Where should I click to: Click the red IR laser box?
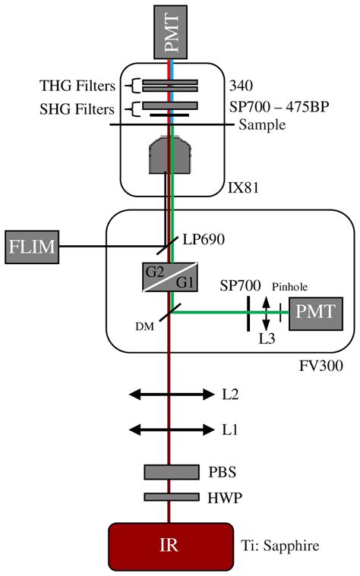point(170,543)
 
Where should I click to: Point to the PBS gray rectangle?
point(170,472)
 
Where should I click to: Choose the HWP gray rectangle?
point(170,497)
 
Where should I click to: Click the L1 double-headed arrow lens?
point(170,430)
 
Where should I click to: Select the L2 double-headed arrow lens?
point(170,395)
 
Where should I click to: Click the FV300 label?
point(321,366)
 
